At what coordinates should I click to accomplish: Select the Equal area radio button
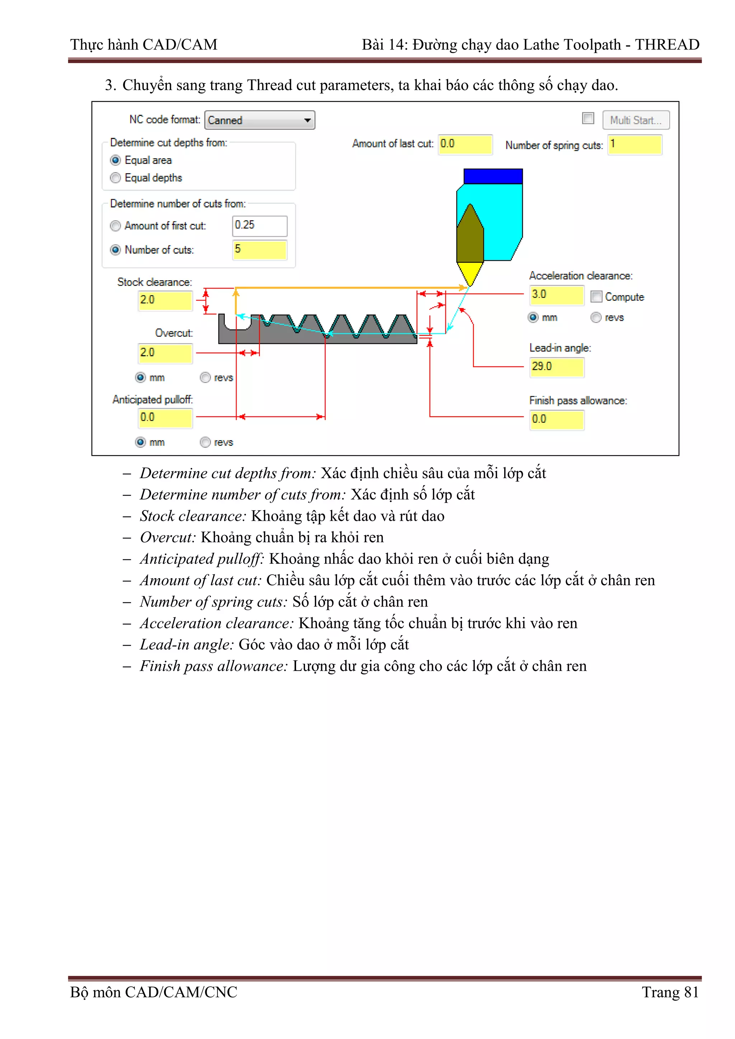click(x=116, y=160)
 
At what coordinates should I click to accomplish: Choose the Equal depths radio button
click(x=116, y=178)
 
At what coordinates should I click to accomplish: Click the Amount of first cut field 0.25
click(x=259, y=225)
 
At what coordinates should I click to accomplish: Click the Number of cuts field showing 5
click(x=259, y=250)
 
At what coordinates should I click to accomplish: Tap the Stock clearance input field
click(x=165, y=301)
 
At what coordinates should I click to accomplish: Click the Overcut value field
click(x=165, y=353)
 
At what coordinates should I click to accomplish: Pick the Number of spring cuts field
click(x=634, y=145)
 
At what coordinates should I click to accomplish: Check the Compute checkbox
click(x=596, y=297)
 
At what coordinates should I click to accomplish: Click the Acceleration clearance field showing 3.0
click(x=557, y=294)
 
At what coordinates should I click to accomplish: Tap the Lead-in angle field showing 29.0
click(x=557, y=367)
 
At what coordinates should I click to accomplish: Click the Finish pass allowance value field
click(x=557, y=420)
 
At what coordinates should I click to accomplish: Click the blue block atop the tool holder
click(x=493, y=176)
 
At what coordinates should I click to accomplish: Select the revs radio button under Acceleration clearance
click(x=596, y=318)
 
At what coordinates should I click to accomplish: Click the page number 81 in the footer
click(x=691, y=992)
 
